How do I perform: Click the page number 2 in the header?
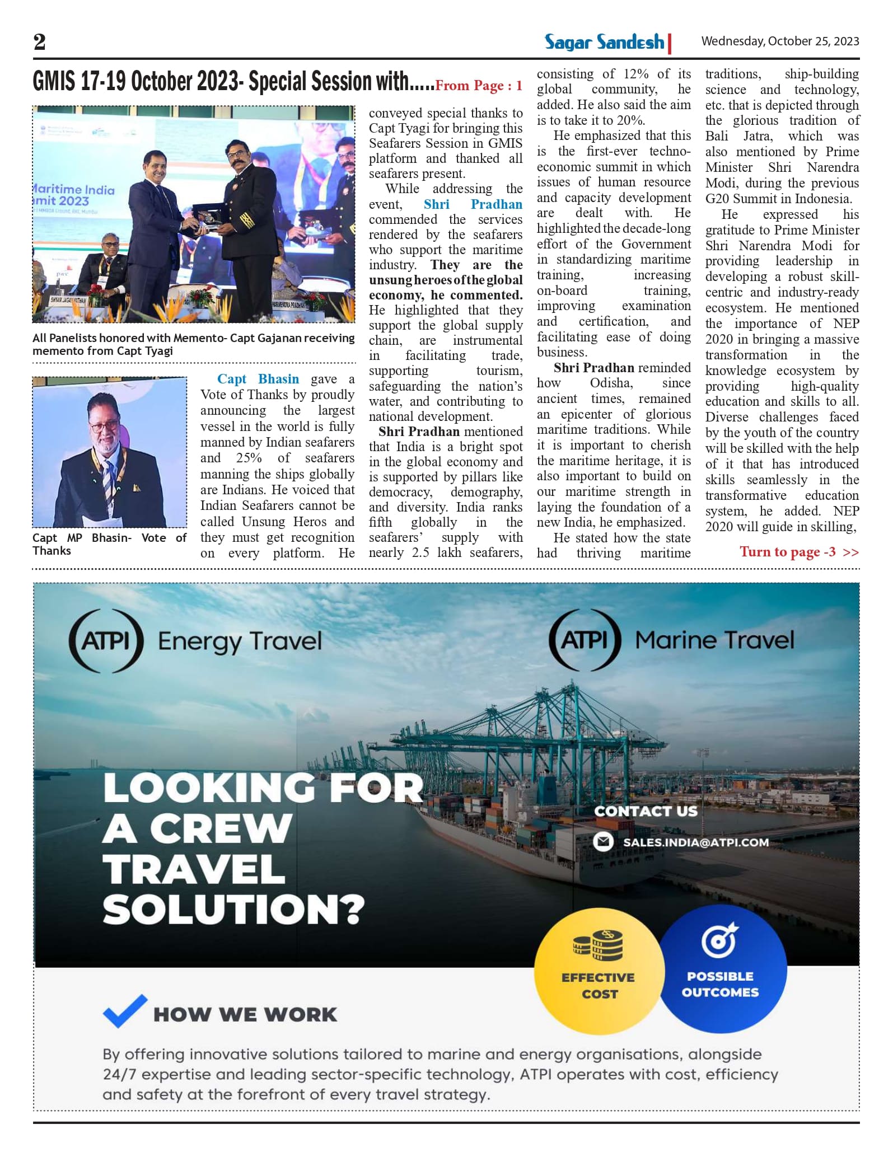(39, 42)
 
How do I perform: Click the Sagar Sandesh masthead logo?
(605, 42)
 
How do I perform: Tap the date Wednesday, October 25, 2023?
(780, 41)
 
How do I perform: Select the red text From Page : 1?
(479, 86)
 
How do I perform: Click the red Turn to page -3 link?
(799, 552)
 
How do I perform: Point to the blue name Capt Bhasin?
(258, 379)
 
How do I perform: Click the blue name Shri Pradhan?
(473, 204)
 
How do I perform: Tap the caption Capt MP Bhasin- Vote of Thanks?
(109, 544)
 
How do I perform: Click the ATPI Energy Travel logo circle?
(106, 640)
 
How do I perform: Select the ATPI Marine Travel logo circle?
(585, 639)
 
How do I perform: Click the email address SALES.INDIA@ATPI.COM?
(695, 842)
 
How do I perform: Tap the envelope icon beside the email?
(603, 842)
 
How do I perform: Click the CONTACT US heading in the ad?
(646, 811)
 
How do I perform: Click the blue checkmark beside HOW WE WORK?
(125, 1011)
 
